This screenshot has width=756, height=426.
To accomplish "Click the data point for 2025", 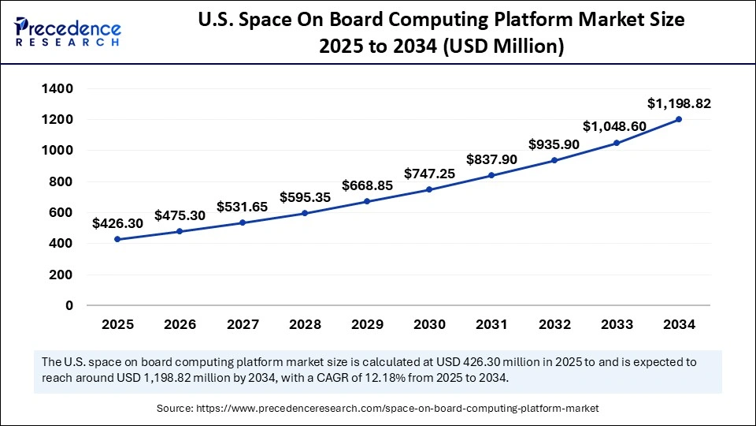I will [117, 239].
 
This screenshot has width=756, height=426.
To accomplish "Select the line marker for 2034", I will [678, 120].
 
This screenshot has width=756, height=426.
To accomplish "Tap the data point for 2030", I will [429, 189].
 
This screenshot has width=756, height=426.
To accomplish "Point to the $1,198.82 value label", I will [674, 103].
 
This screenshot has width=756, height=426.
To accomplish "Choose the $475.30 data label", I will [180, 215].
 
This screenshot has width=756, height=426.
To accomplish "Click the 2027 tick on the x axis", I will [242, 324].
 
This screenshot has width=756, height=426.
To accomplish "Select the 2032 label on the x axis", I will [554, 324].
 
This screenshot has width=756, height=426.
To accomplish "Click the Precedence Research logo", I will [68, 31].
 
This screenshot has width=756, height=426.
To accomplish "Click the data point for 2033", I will [616, 143].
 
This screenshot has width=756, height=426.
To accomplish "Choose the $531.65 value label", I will [242, 207].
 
